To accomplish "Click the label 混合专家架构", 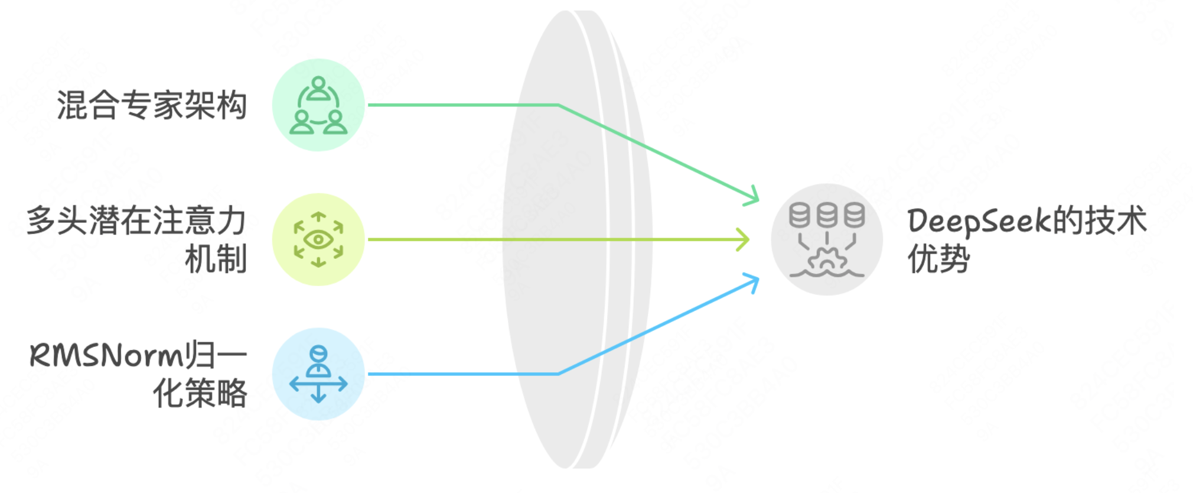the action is tap(152, 105).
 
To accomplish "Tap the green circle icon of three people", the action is tap(318, 105).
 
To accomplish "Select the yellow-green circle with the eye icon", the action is tap(318, 239).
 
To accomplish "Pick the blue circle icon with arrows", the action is tap(318, 374).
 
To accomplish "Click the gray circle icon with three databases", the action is tap(827, 239).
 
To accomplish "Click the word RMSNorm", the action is tap(107, 356).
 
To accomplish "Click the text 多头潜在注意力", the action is tap(136, 220).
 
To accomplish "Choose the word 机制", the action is tap(216, 259).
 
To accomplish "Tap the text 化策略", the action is tap(200, 393).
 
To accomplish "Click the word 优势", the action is tap(938, 259).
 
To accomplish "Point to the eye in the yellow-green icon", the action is tap(318, 239).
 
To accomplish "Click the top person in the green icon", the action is tap(318, 89).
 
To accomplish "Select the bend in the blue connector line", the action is tap(558, 374).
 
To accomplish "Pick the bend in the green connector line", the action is tap(558, 105).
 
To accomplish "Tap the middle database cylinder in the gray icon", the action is tap(827, 215).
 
